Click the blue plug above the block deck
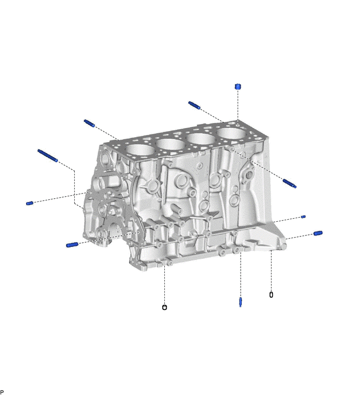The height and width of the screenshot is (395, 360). (238, 87)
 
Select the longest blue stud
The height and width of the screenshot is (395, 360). (48, 155)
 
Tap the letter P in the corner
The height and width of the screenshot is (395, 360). (2, 392)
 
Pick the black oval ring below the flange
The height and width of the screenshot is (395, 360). (271, 295)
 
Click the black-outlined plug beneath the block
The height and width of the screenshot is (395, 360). (164, 307)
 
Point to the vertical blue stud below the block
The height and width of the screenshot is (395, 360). (240, 302)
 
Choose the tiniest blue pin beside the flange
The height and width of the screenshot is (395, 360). (303, 217)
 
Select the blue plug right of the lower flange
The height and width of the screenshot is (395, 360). (318, 233)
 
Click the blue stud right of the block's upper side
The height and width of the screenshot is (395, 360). (289, 183)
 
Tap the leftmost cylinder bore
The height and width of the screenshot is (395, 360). (140, 150)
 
